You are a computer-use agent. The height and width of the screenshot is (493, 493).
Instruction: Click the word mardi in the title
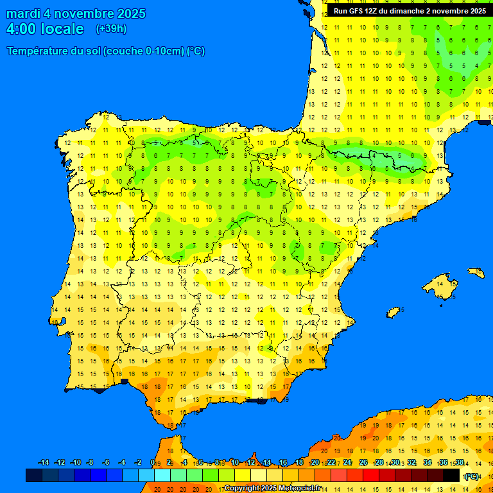[x=23, y=13]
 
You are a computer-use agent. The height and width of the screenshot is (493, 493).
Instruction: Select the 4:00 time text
[x=20, y=29]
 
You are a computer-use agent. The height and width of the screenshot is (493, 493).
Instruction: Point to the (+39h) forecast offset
[x=111, y=29]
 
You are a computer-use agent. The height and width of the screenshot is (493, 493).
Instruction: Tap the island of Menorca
[x=476, y=273]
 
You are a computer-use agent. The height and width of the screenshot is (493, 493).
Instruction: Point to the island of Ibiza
[x=394, y=312]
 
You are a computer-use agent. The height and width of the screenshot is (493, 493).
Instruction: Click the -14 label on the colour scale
[x=44, y=463]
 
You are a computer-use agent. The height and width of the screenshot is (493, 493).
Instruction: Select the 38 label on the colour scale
[x=460, y=463]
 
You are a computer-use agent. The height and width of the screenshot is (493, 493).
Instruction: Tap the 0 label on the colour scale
[x=152, y=463]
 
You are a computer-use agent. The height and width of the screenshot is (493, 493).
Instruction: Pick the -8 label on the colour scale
[x=91, y=463]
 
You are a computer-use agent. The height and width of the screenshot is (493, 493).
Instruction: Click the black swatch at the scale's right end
[x=451, y=475]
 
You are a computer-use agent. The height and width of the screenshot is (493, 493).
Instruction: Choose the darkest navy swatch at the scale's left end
[x=34, y=475]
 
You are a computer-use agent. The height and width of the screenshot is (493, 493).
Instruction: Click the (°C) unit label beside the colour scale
[x=472, y=476]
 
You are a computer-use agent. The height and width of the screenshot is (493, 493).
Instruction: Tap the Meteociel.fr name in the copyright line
[x=297, y=489]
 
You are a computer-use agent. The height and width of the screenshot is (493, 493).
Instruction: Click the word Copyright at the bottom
[x=243, y=489]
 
